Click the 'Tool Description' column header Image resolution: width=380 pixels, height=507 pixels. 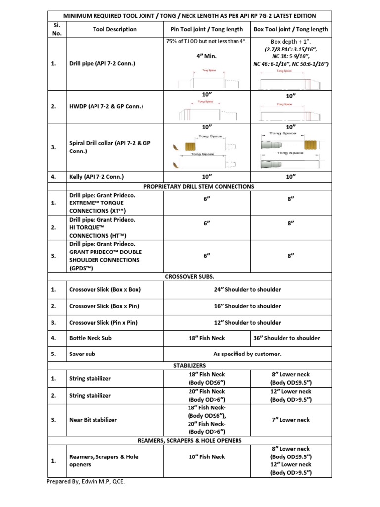coord(114,29)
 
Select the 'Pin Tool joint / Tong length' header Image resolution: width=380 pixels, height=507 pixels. coord(207,29)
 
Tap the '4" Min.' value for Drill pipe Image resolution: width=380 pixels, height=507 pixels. coord(207,56)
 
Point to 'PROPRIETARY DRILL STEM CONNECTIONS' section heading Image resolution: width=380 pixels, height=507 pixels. coord(198,186)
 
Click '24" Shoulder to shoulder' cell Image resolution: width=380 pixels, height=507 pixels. coord(247,290)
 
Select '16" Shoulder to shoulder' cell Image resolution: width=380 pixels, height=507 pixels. coord(247,306)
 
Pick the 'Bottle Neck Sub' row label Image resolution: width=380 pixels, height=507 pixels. coord(91,338)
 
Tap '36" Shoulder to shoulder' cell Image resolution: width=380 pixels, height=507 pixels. coord(291,338)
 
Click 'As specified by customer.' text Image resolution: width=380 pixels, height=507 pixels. coord(247,354)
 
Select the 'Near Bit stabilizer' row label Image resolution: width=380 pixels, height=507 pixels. coord(93,420)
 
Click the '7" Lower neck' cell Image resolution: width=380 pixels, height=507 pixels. coord(291,420)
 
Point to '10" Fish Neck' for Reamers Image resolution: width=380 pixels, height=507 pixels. coord(207,456)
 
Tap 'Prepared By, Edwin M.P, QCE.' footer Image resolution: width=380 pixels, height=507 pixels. coord(86,482)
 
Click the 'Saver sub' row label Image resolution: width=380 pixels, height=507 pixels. coord(82,354)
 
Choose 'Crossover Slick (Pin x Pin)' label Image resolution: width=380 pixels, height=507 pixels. coord(103,322)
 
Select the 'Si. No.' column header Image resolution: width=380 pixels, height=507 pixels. coord(55,29)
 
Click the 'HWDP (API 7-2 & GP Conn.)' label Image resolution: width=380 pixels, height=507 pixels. coord(107,106)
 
